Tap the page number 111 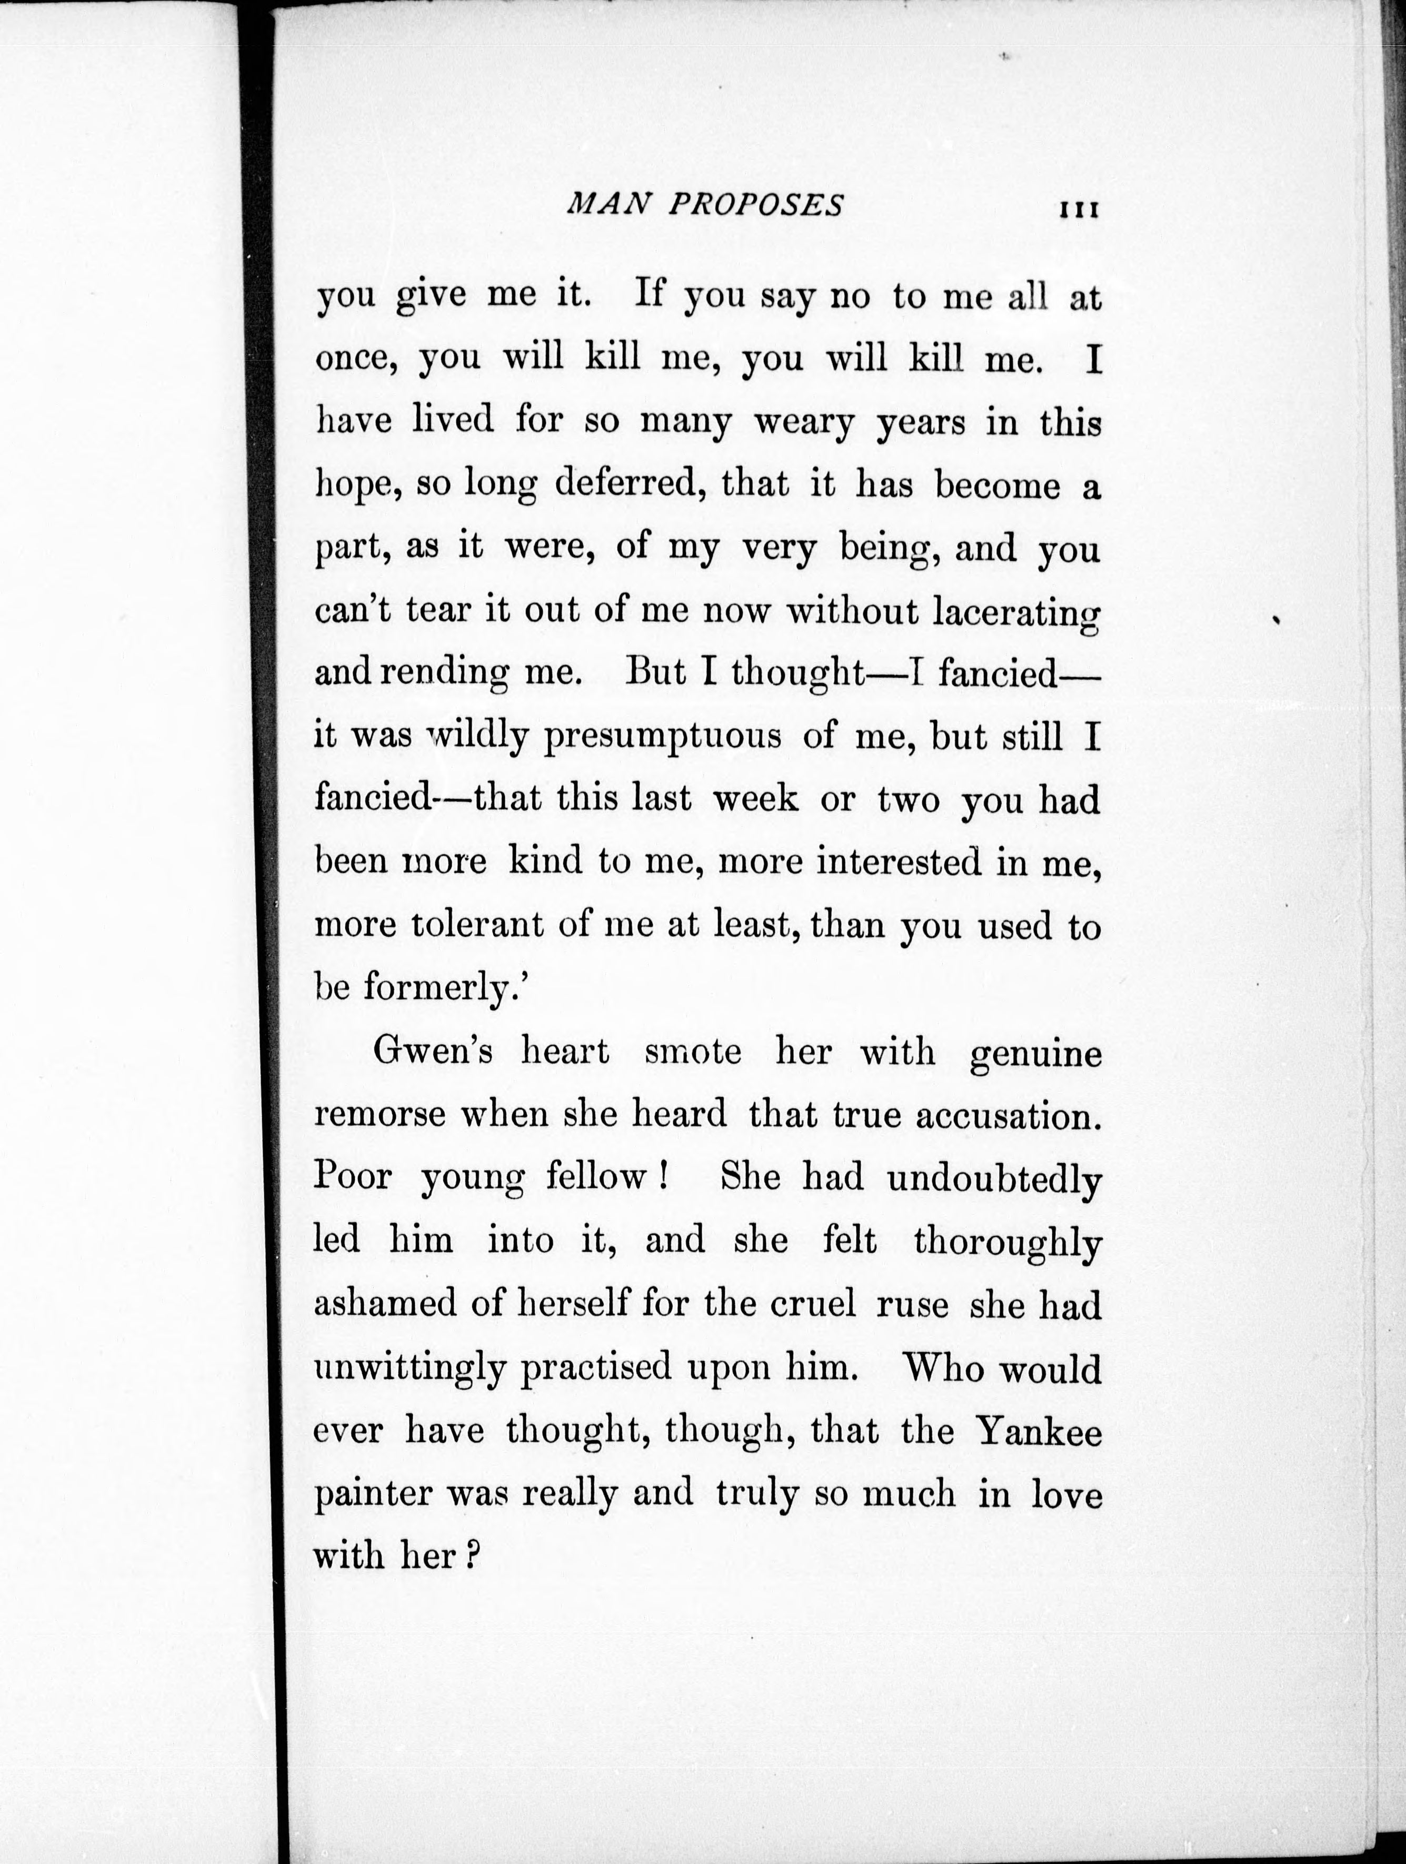click(1078, 209)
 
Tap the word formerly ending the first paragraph click(438, 988)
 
